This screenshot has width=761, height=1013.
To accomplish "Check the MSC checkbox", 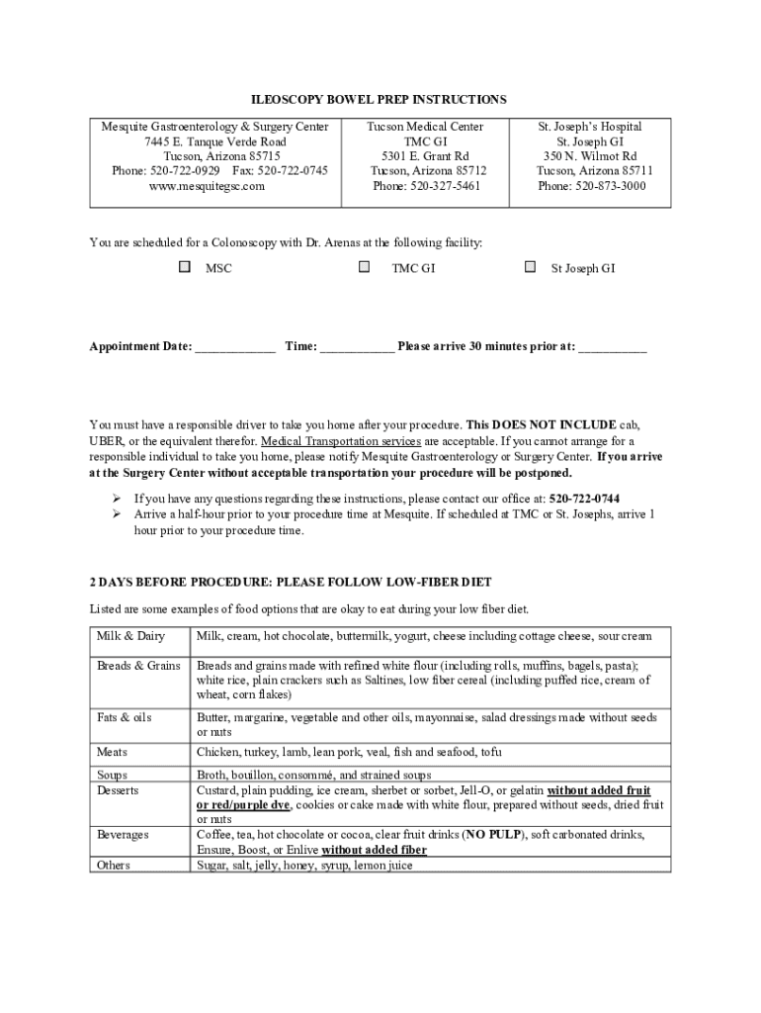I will coord(185,267).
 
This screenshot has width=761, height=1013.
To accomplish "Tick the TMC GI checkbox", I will coord(365,267).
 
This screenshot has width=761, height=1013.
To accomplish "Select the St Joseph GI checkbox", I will coord(531,267).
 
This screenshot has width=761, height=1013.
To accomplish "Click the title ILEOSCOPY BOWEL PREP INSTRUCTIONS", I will coord(378,100).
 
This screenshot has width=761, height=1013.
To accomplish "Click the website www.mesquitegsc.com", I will coord(215,186).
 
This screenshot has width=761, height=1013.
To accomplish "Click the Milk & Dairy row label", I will coord(130,636).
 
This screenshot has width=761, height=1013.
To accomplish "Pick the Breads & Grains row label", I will coord(138,666).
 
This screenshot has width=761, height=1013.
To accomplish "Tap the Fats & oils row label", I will coord(125,717).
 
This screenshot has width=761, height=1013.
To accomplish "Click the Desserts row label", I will coord(118,790).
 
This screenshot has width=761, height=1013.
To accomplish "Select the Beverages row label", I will coord(123,835).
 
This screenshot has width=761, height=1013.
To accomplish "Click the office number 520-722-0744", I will coord(585,499).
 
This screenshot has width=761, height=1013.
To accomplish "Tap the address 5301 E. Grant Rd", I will coord(425,156).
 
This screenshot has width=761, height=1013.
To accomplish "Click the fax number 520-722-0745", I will coord(294,171).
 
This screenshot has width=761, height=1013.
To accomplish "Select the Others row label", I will coord(114,865).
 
